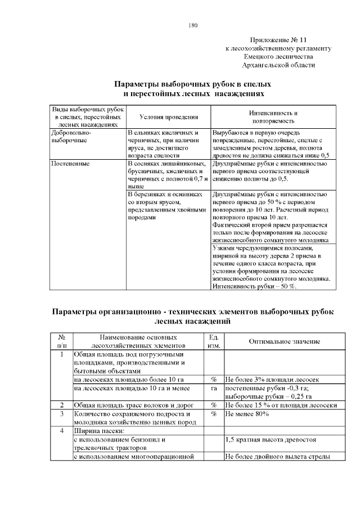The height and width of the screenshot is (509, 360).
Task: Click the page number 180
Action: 193,25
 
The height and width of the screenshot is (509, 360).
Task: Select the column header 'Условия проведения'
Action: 169,116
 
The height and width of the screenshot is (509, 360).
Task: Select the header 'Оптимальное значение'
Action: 284,341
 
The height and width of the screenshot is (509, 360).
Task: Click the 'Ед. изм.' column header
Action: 213,341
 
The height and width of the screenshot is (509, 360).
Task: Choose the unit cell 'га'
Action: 214,388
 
